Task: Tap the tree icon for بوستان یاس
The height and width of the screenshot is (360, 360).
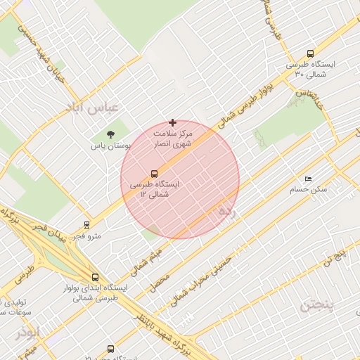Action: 110,134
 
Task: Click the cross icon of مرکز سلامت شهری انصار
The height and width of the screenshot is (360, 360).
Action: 173,122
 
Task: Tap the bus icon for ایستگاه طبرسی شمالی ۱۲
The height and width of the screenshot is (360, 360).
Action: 154,173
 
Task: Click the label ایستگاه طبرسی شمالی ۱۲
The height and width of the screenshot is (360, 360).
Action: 155,189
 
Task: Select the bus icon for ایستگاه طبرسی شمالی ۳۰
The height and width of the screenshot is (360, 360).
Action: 311,53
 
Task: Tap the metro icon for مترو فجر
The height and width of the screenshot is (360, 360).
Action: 86,225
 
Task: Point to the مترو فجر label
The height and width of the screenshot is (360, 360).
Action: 87,236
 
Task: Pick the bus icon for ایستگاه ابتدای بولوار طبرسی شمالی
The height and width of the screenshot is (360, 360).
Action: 95,277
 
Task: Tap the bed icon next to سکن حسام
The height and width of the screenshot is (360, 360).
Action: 308,179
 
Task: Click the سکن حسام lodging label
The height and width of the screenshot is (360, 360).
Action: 312,190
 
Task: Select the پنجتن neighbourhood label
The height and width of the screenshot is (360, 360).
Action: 316,305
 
